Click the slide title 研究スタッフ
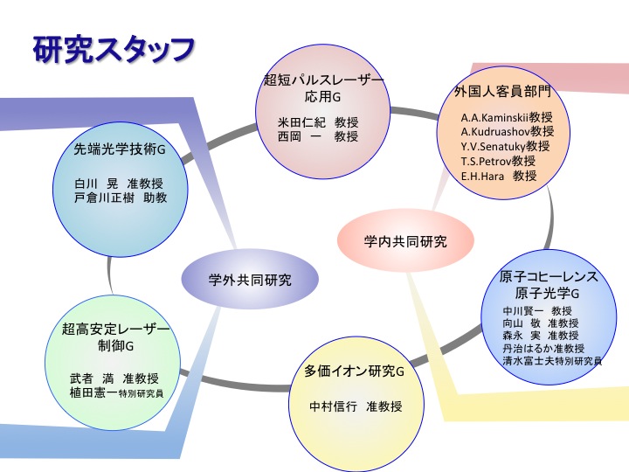click(x=114, y=50)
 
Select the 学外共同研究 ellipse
click(x=250, y=280)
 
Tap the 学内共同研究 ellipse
click(x=405, y=241)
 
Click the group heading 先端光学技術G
click(x=120, y=149)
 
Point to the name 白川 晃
click(x=96, y=184)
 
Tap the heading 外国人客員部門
click(x=503, y=91)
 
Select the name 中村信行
click(x=334, y=406)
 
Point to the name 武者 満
click(x=92, y=378)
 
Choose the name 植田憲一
click(x=93, y=392)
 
